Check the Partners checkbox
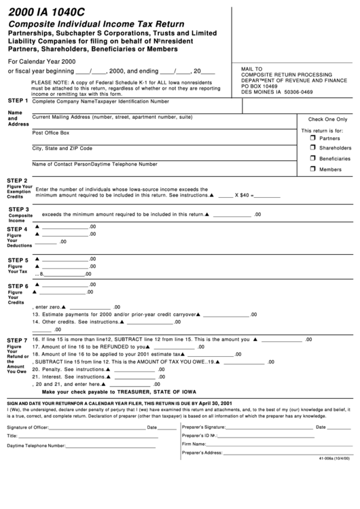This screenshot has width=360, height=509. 304,137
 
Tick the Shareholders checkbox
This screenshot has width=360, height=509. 304,147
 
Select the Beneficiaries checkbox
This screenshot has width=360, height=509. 304,158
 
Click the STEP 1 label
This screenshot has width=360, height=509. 17,101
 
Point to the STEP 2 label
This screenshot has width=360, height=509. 17,180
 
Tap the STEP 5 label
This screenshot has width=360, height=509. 17,260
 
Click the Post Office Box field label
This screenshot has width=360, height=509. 51,133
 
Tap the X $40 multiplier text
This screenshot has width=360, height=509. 242,195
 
